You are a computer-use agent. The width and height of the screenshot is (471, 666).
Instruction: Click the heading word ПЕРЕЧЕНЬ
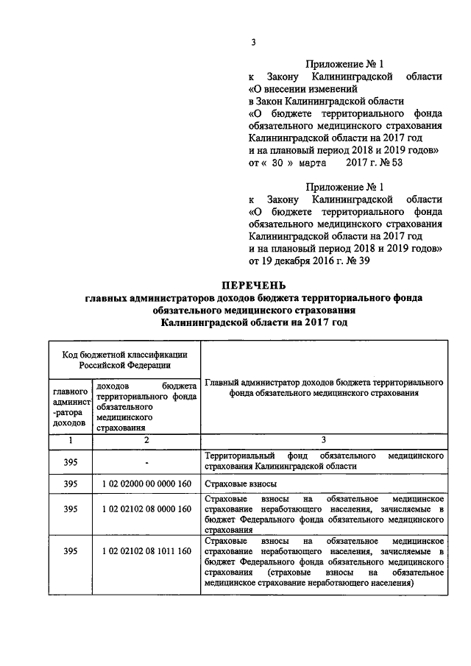pyautogui.click(x=253, y=286)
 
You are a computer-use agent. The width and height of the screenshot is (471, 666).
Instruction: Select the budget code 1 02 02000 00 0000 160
pyautogui.click(x=146, y=484)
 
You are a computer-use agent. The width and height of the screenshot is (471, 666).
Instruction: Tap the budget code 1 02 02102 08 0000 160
pyautogui.click(x=146, y=509)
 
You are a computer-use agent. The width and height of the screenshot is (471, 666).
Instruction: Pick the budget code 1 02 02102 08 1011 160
pyautogui.click(x=146, y=551)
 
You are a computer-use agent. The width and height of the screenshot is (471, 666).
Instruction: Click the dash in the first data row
pyautogui.click(x=146, y=461)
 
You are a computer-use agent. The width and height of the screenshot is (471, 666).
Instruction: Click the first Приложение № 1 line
pyautogui.click(x=346, y=63)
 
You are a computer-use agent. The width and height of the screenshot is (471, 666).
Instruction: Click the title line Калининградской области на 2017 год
pyautogui.click(x=253, y=322)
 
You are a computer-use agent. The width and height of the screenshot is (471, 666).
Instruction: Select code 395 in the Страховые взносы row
pyautogui.click(x=70, y=484)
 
